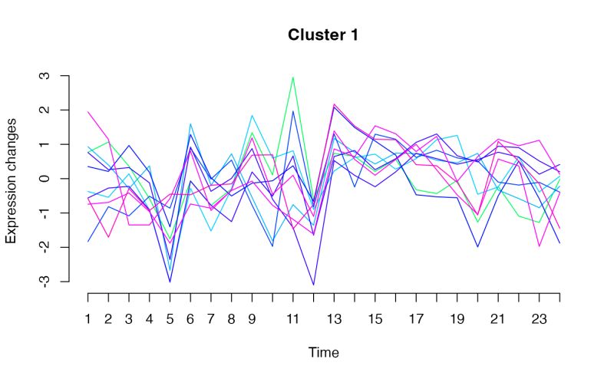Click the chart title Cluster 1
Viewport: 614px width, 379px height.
point(322,35)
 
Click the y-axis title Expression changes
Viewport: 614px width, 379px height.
point(12,180)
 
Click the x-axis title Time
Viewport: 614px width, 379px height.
point(323,353)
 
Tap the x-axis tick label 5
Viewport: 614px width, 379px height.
point(170,318)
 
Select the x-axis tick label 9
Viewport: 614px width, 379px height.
point(252,318)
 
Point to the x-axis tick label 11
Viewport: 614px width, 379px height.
point(292,318)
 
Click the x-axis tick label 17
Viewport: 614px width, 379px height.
point(416,318)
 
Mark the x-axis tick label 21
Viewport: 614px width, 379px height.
point(498,318)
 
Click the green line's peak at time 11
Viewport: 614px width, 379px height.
point(292,77)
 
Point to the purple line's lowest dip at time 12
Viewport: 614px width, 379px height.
point(313,285)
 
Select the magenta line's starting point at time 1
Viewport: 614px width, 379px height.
point(88,112)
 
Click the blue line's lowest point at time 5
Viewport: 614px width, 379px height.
point(170,282)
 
